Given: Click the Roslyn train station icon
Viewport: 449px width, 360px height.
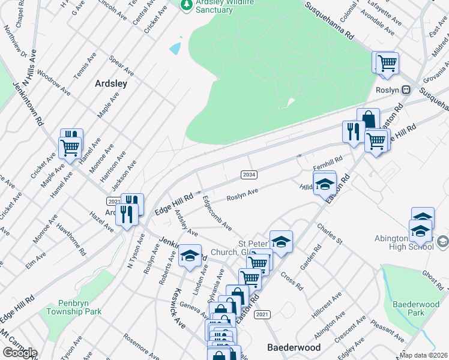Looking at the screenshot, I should (406, 89).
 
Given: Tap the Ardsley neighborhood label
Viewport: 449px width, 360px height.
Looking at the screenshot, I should (111, 84).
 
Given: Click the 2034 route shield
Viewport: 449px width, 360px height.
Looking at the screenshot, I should (249, 174).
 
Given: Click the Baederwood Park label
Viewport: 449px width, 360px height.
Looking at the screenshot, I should (416, 308).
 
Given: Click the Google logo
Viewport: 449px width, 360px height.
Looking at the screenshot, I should (20, 353).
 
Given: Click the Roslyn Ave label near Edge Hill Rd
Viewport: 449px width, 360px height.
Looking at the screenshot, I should (242, 195).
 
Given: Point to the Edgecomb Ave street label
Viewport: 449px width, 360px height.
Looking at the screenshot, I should (217, 213).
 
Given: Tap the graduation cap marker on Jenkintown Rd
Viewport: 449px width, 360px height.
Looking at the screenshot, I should (190, 256).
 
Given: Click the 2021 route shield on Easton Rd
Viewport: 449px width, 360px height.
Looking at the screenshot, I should (262, 314).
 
